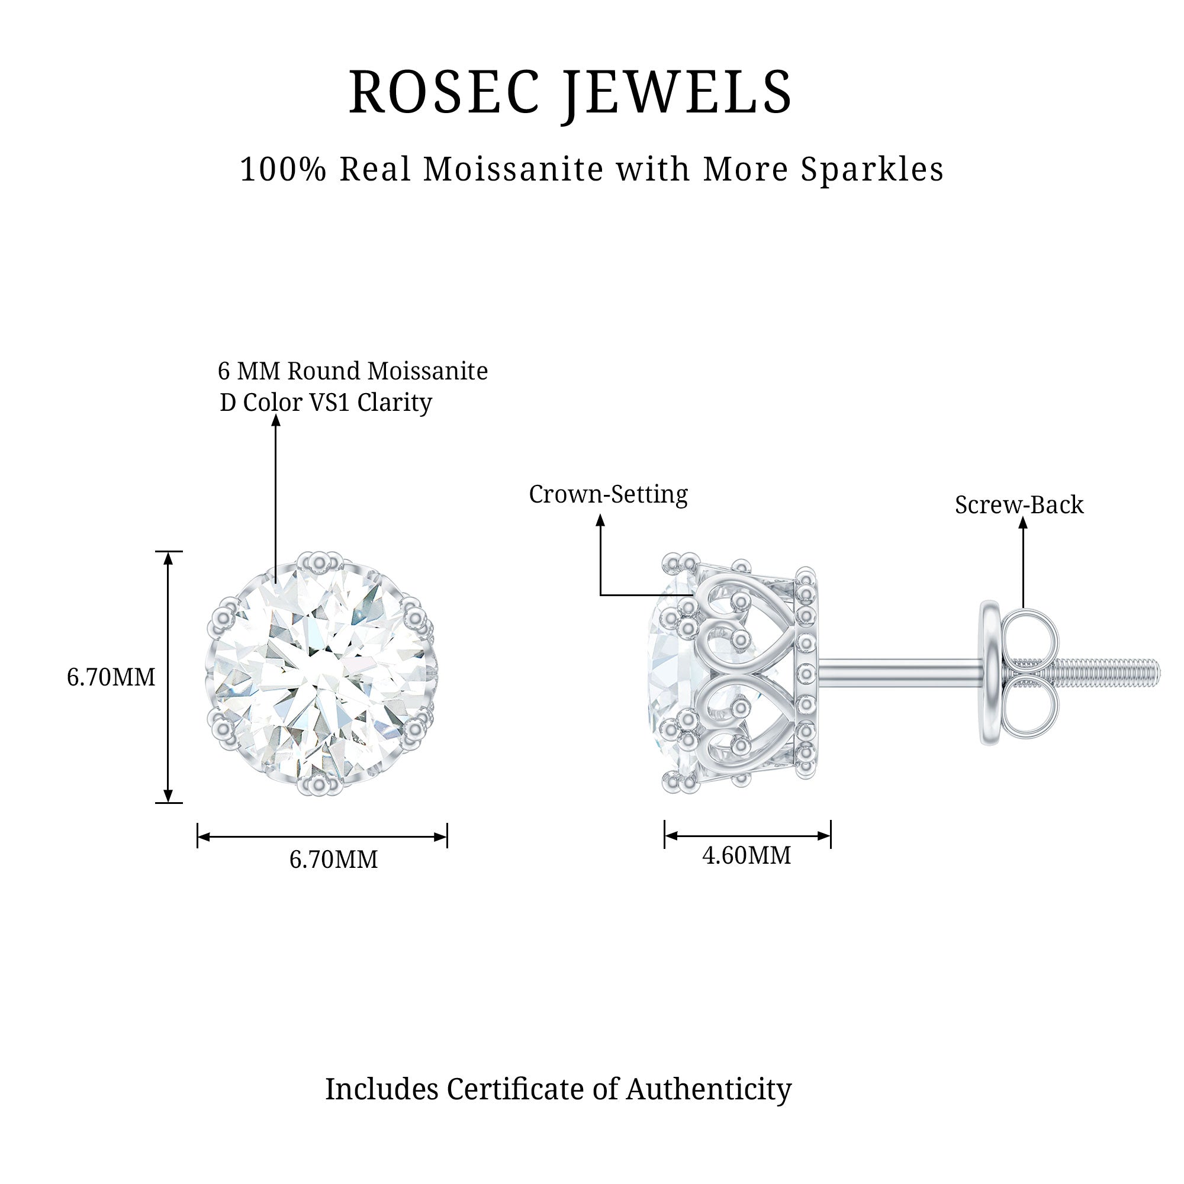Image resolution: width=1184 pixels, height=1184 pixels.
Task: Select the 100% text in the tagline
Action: pyautogui.click(x=283, y=169)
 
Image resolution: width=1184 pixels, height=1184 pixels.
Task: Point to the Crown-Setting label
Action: pyautogui.click(x=608, y=494)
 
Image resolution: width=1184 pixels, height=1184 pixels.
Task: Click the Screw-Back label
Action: pyautogui.click(x=1019, y=505)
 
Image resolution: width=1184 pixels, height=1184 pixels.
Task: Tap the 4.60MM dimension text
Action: pyautogui.click(x=747, y=855)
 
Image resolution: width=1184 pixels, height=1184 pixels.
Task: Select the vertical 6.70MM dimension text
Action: pyautogui.click(x=111, y=677)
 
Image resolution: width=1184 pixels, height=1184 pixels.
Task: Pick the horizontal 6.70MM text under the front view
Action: pyautogui.click(x=333, y=859)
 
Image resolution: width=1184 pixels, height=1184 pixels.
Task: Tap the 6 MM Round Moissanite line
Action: pyautogui.click(x=353, y=371)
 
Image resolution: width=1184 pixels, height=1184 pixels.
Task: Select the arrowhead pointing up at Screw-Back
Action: pyautogui.click(x=1023, y=522)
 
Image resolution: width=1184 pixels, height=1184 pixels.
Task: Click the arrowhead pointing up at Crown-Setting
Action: pyautogui.click(x=600, y=520)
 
